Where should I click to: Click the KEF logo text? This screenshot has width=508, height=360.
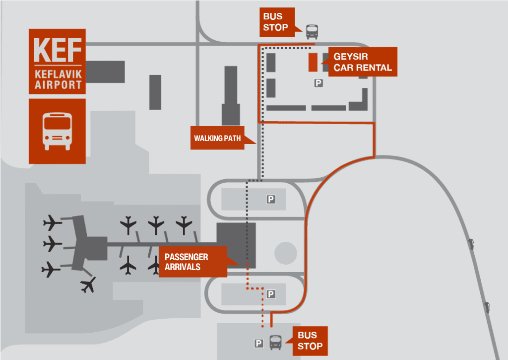[x=57, y=49]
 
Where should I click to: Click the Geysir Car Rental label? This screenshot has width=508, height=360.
[x=362, y=62]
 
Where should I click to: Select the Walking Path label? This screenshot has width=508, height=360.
[x=217, y=138]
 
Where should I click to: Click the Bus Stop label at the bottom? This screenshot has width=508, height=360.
[x=311, y=341]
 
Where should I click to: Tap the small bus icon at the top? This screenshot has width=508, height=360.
[x=312, y=31]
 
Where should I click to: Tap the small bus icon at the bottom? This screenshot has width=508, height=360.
[x=275, y=342]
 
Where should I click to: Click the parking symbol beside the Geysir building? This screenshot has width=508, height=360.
[x=318, y=83]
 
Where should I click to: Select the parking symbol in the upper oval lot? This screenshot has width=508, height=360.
[x=271, y=199]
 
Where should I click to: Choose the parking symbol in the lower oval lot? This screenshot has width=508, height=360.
[x=271, y=294]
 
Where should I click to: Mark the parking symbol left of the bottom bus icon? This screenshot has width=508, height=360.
[x=258, y=343]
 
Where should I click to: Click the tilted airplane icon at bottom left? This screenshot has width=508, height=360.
[x=88, y=285]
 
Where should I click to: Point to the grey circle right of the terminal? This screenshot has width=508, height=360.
[x=285, y=253]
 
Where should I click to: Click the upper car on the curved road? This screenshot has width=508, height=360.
[x=470, y=243]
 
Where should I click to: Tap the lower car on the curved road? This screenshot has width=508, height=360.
[x=487, y=307]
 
